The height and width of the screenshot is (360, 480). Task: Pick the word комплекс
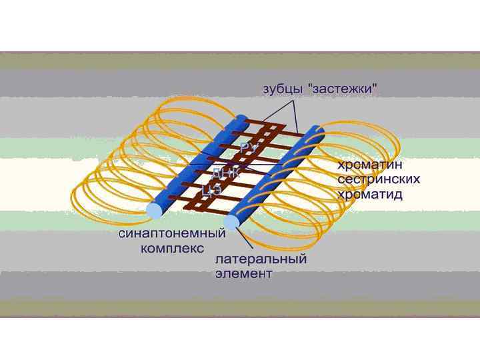[171, 250]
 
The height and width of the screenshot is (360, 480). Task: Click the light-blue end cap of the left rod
[153, 210]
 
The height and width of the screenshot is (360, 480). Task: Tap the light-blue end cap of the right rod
[233, 222]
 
